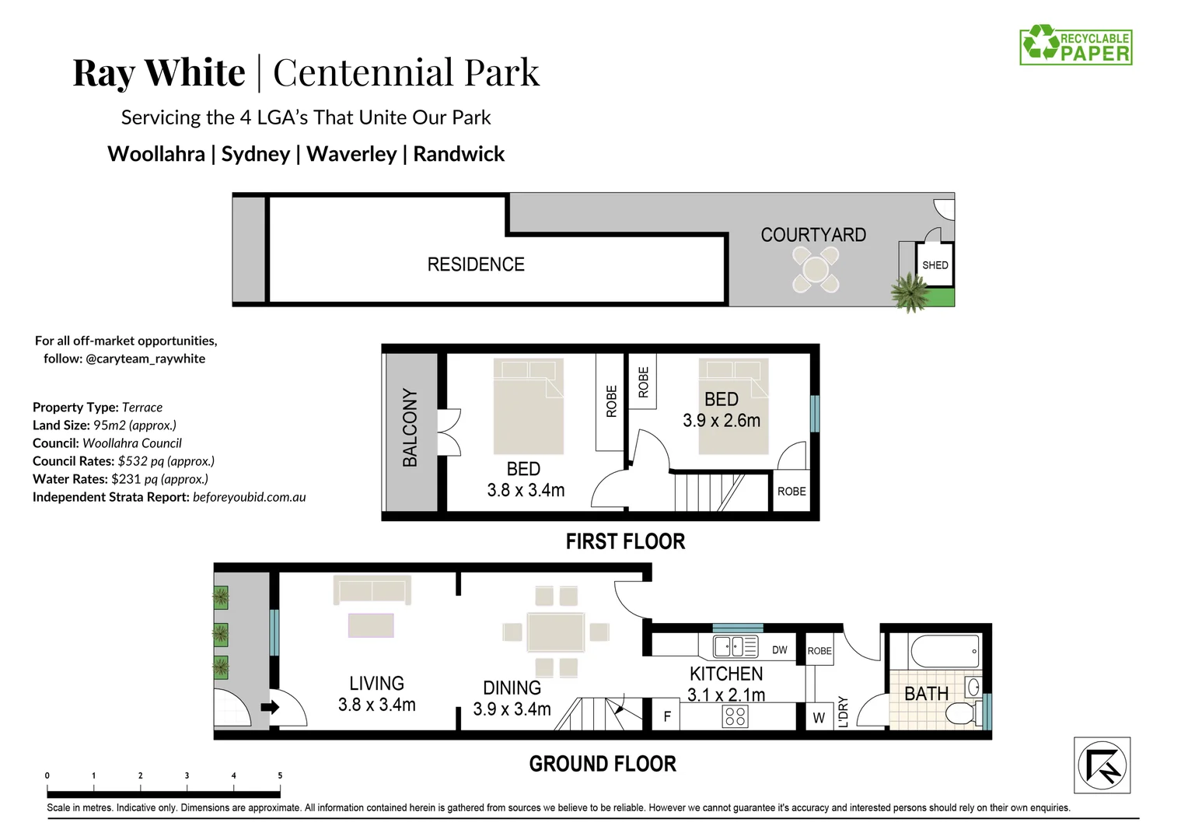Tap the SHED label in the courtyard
point(935,265)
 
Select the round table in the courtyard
point(816,270)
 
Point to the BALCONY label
point(410,428)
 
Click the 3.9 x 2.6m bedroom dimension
point(722,420)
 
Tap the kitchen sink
point(736,647)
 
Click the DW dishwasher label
point(780,650)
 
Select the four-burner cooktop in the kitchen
point(735,716)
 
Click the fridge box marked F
point(666,716)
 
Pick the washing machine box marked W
point(819,717)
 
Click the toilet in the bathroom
point(966,713)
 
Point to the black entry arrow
point(270,707)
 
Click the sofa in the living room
point(372,590)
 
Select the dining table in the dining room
point(556,632)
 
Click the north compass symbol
point(1102,765)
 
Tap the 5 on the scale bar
point(280,775)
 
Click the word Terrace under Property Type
point(142,407)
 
